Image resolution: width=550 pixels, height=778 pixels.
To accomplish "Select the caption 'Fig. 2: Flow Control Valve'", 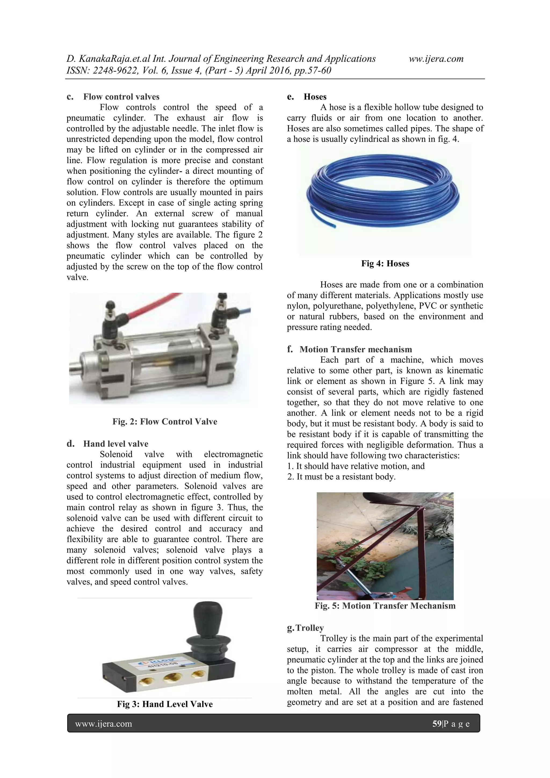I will point(165,422).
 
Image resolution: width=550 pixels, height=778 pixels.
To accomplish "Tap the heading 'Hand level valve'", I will point(115,444).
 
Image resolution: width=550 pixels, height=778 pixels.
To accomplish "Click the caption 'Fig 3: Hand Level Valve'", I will point(165,704).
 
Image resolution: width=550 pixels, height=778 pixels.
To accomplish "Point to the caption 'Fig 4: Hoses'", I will point(385,264).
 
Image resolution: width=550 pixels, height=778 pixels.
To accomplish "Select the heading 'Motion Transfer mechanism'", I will point(356,349).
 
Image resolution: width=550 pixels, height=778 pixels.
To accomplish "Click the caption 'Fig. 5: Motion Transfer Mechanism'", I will point(385,606).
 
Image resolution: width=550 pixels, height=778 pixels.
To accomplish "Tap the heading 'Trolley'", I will point(309,628).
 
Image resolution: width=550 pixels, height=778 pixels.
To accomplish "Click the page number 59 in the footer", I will point(436,724).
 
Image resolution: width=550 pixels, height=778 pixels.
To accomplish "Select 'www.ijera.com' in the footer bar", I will point(103,724).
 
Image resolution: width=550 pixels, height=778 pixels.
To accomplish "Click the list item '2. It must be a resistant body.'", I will point(341,477).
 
